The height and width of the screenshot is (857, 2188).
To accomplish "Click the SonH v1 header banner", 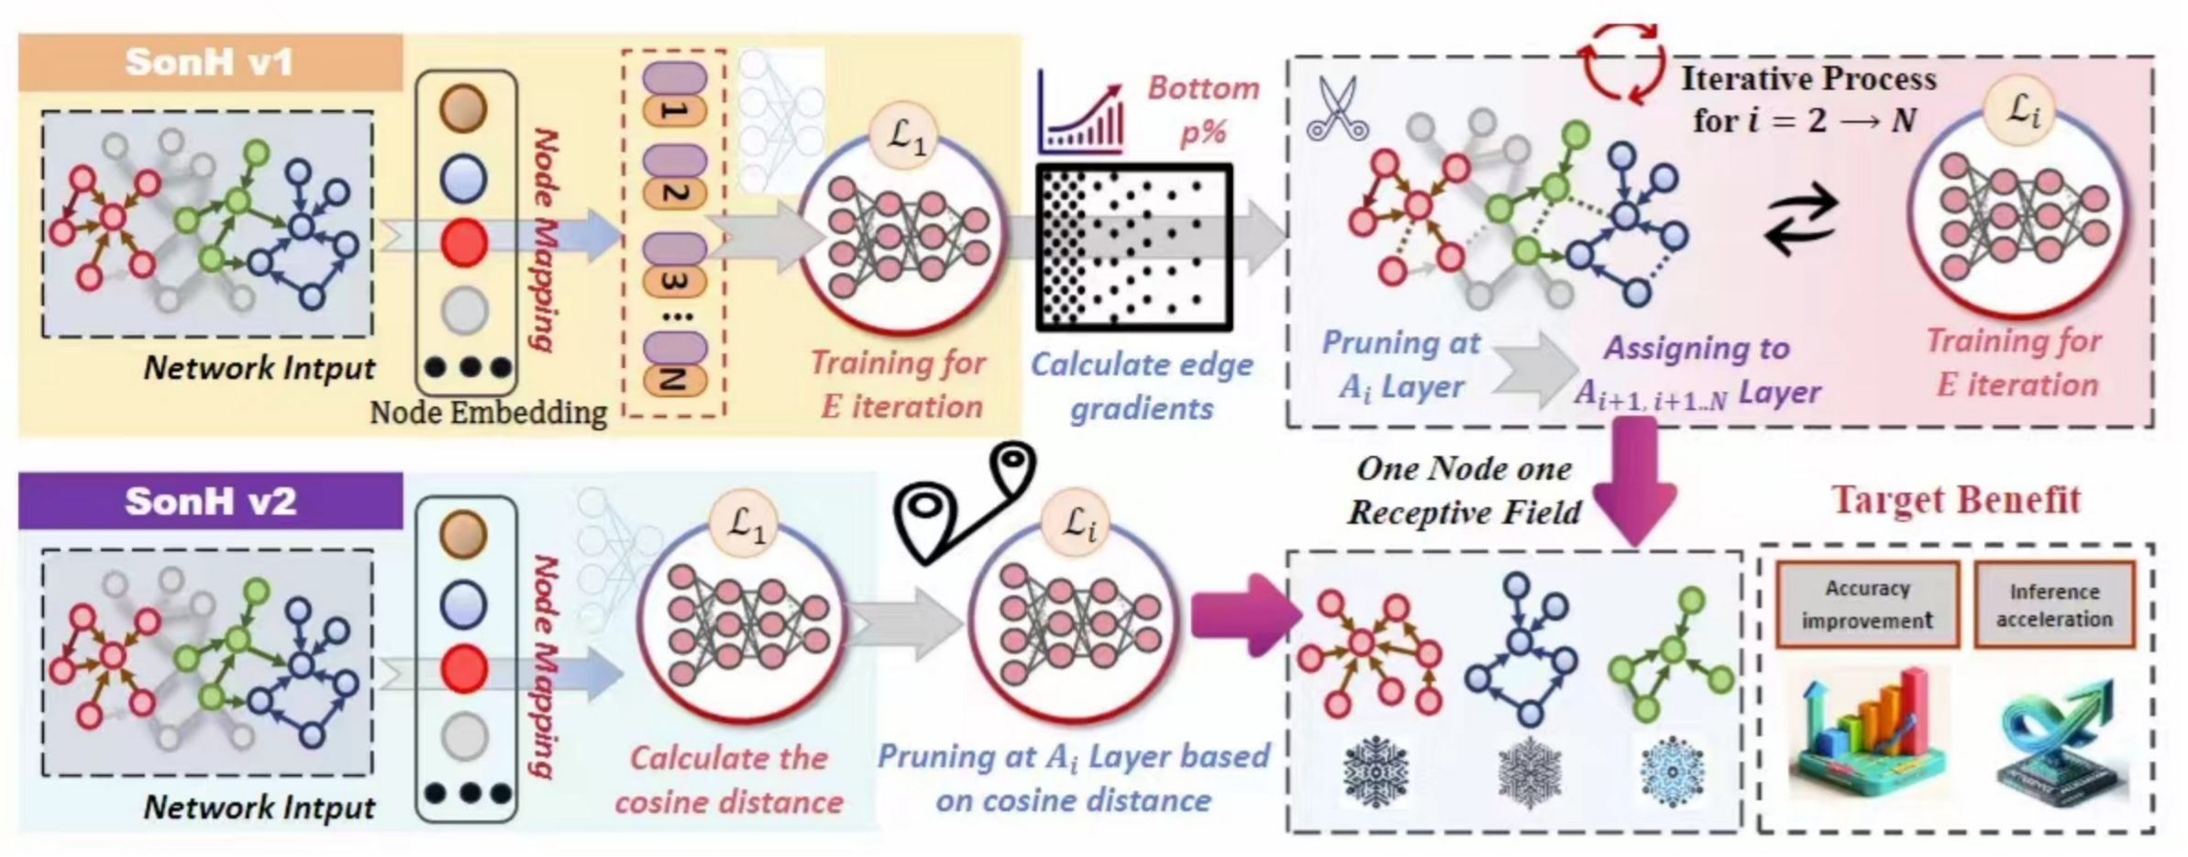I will point(210,62).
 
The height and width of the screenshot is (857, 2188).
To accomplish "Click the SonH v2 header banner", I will point(210,501).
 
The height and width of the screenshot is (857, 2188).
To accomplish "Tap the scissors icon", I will point(1338,109).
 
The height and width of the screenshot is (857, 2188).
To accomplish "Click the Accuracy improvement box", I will point(1867,605).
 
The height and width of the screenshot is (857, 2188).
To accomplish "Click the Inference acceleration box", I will point(2054,606).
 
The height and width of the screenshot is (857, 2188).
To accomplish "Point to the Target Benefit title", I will point(1955,501).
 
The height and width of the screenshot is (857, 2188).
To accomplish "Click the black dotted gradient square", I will point(1133,247).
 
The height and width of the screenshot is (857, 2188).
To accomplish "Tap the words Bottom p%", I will point(1203,110).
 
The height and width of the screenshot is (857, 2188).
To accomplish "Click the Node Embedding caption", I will point(488,413).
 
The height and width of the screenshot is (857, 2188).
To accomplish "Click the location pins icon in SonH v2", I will point(967,503).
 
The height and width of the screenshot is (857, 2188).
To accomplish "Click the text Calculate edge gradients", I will point(1142,386).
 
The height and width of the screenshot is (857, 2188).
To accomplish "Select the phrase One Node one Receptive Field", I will point(1464,490).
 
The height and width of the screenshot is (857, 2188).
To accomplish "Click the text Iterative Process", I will point(1808,79).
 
